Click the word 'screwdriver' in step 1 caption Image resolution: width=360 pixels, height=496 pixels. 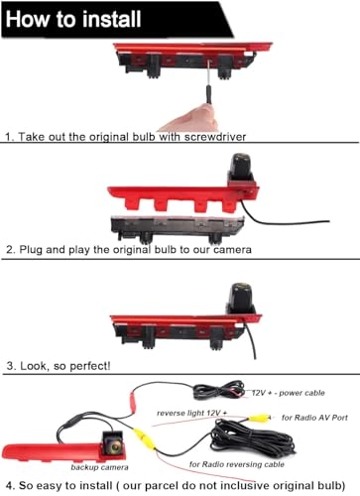208,134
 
